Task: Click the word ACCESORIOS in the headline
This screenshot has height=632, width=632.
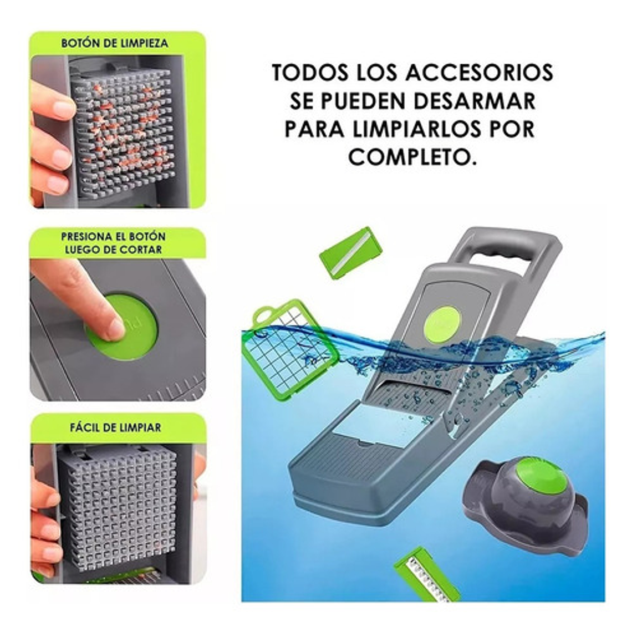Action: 480,73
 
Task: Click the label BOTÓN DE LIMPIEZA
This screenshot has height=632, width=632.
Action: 114,43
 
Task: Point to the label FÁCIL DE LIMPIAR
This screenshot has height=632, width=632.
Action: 115,427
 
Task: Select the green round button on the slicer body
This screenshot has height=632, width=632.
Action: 442,324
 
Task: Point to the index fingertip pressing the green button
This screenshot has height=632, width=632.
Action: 115,328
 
